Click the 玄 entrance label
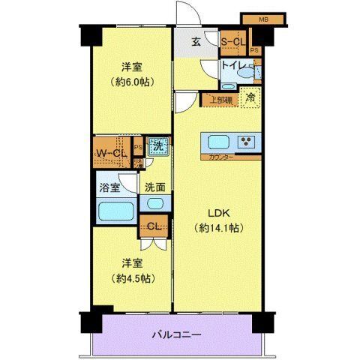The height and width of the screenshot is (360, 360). coord(195,42)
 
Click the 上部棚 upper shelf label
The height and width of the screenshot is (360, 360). coord(220,97)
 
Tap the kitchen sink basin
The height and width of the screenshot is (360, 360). coord(219,142)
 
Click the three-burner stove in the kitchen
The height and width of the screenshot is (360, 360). coord(245,141)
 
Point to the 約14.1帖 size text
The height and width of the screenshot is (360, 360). coord(217,227)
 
